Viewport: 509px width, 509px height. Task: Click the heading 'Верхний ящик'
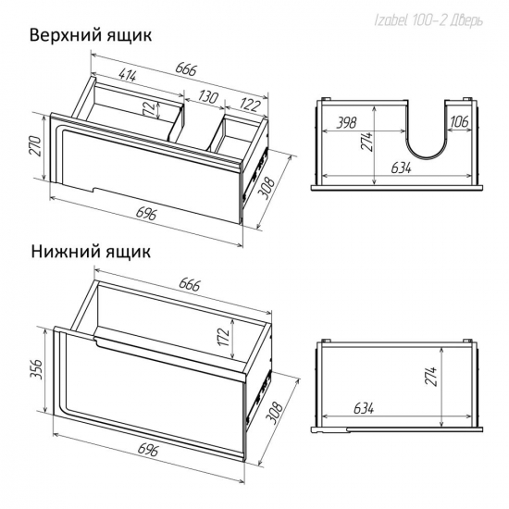pos(91,36)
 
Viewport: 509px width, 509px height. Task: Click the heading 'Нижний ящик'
pos(91,252)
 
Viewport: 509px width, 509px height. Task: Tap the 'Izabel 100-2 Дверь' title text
pos(428,21)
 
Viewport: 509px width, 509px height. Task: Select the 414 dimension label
pos(128,75)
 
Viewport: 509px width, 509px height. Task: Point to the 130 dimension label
pos(206,96)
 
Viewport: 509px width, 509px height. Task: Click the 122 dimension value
pos(251,105)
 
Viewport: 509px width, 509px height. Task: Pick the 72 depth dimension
pos(148,108)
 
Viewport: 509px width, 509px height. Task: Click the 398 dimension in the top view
pos(346,123)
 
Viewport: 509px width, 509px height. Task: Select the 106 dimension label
pos(459,121)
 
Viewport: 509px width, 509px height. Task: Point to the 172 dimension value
pos(224,337)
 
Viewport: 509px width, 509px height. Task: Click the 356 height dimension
pos(36,368)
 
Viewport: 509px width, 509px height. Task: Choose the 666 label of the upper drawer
pos(186,68)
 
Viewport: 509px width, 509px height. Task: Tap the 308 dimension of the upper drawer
pos(267,188)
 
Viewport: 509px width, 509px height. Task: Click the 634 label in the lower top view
pos(364,408)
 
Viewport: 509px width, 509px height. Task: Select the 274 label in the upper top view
pos(367,142)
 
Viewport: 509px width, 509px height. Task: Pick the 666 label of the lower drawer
pos(190,285)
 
